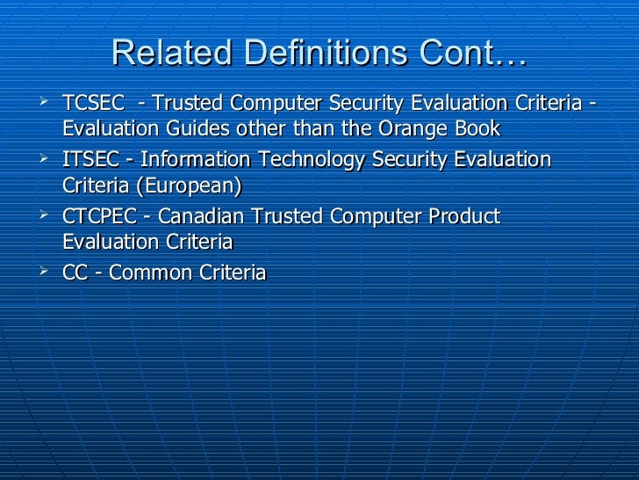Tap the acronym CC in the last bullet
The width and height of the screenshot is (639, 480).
click(x=75, y=273)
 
